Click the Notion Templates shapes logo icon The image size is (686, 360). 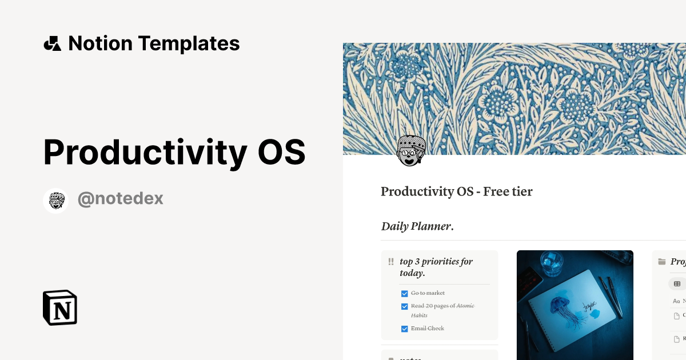coord(52,43)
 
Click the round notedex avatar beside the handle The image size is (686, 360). coord(55,201)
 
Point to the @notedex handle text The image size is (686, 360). coord(120,199)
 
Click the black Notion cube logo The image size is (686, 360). coord(60,307)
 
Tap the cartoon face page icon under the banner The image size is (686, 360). coord(411,151)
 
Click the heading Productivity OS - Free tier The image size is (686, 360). coord(456,191)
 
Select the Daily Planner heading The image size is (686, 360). coord(417,226)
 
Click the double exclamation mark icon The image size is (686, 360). coord(391,262)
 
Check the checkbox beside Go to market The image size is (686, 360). coord(405,294)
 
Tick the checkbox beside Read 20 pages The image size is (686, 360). coord(405,306)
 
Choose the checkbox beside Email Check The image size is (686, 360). coord(405,329)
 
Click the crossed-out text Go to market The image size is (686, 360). coord(428,293)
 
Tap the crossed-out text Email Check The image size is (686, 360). coord(427,329)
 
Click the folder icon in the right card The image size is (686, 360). coord(662,262)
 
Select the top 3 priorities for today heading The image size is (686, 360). coord(436,267)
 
